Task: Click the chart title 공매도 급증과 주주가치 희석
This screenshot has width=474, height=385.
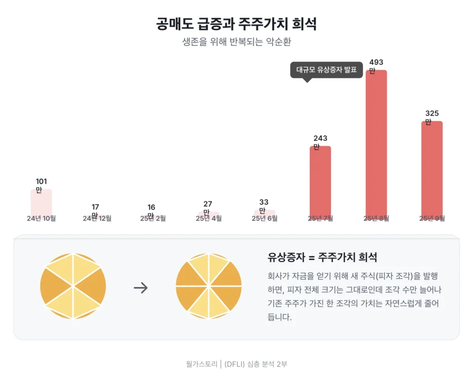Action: [237, 24]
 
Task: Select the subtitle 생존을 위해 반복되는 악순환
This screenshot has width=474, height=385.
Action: [237, 42]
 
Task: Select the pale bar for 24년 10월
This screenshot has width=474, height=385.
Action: [41, 201]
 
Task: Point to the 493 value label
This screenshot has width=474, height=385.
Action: [376, 62]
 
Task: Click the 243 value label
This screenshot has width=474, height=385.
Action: [320, 138]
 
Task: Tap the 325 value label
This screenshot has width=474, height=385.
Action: [432, 114]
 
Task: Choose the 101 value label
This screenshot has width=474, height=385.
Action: [41, 182]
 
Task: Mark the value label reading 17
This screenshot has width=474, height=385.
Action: [95, 207]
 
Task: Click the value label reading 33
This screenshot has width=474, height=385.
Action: [264, 202]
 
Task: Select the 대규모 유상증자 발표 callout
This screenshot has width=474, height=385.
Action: [326, 70]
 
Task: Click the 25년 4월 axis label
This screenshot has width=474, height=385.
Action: [209, 218]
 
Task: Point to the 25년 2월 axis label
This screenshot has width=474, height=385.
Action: [153, 218]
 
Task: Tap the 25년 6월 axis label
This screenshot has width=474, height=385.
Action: [264, 218]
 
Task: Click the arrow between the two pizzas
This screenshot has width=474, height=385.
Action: [141, 288]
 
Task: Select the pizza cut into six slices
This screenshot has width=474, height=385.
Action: [73, 286]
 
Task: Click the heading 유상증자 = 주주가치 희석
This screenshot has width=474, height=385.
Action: [322, 257]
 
